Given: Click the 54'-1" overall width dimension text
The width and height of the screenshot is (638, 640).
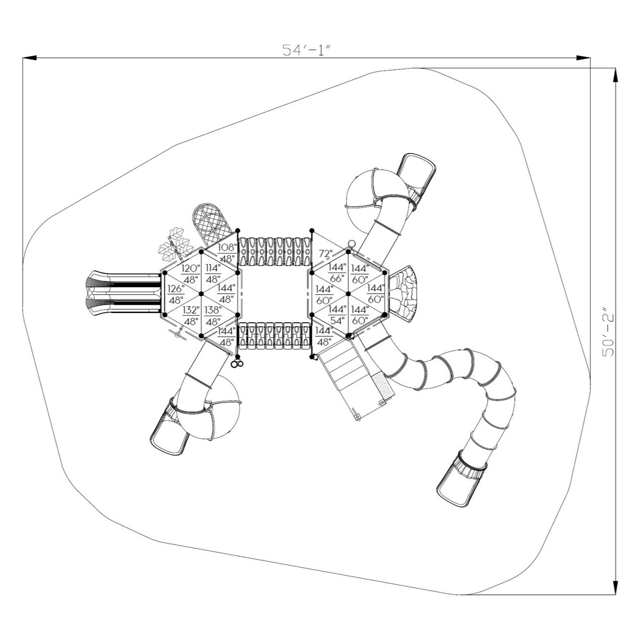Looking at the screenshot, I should pos(307,50).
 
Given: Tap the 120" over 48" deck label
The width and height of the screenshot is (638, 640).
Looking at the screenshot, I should pos(190,273).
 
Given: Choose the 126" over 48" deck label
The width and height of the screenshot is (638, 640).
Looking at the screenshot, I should pos(176,294).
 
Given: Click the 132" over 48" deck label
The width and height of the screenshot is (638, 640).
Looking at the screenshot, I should pos(190,315).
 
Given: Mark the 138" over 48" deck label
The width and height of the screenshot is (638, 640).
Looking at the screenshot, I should pos(213,315).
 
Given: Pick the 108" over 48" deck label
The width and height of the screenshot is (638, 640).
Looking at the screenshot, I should pos(226,253).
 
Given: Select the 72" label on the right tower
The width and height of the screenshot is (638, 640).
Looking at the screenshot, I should pos(326,253).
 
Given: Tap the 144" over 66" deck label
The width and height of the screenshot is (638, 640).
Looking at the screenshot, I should pos(337,273).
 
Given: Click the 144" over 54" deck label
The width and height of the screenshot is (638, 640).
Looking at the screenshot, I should pos(337,315).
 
